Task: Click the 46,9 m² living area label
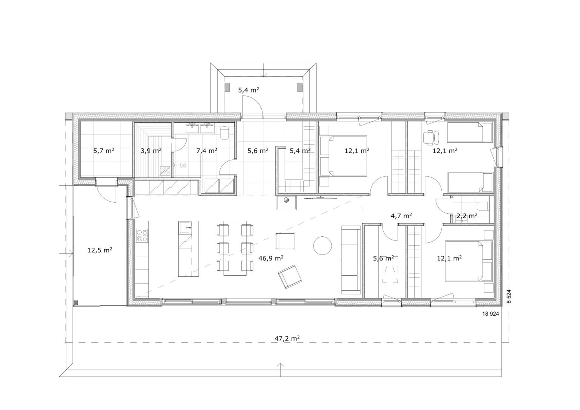(271, 258)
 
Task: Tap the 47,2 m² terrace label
(287, 338)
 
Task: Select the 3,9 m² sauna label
(151, 150)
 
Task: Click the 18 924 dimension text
(491, 314)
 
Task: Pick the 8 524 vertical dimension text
(509, 296)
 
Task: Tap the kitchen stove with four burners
(142, 236)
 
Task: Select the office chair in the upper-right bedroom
(431, 137)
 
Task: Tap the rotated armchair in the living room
(290, 276)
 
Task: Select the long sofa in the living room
(351, 260)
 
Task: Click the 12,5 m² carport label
(100, 250)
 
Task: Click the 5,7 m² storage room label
(104, 150)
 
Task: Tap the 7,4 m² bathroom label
(207, 150)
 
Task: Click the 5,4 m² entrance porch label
(248, 90)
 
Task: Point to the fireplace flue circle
(286, 200)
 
